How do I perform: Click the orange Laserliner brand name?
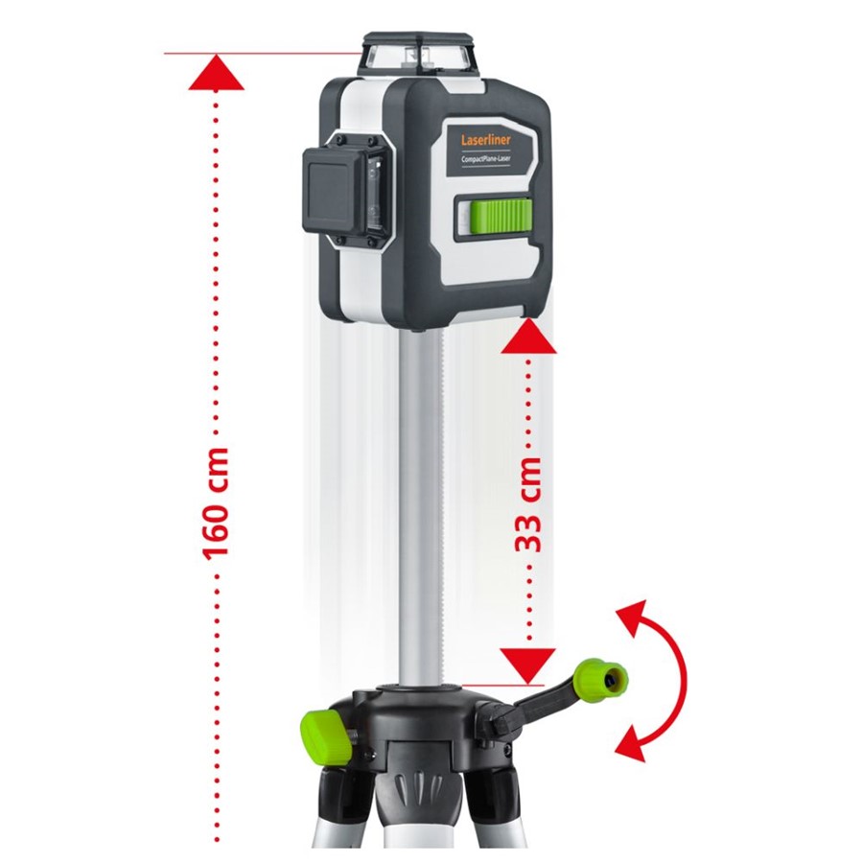point(486,139)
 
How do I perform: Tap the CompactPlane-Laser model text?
point(486,158)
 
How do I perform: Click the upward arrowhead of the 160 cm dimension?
point(216,72)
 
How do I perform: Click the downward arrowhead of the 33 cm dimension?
point(528,666)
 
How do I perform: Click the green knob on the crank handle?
point(601,679)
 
